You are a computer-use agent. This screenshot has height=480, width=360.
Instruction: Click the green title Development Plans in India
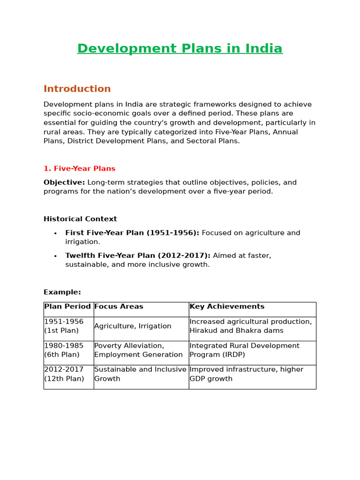pos(180,49)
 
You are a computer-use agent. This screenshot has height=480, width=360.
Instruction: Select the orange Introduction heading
pos(77,89)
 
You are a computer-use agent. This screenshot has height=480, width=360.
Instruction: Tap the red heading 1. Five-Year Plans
pos(79,169)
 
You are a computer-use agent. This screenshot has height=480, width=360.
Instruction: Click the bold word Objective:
pos(64,182)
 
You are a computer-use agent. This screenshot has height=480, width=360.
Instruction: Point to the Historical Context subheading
pos(80,219)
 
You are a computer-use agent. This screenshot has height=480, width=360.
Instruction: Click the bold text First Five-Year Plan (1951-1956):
pos(132,233)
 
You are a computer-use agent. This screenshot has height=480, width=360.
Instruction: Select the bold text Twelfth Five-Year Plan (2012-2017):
pos(138,255)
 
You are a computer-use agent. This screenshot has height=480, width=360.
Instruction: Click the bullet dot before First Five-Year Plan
pos(55,233)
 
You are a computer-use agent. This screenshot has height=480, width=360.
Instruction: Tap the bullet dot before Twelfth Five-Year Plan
pos(55,256)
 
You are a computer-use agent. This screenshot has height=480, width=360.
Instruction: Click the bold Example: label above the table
pos(62,292)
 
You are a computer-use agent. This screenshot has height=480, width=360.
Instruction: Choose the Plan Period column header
pos(67,307)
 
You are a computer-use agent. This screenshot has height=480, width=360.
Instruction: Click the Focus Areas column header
pos(119,307)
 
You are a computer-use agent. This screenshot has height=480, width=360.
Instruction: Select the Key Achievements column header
pos(227,307)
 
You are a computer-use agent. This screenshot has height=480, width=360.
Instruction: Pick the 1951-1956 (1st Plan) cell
pos(64,326)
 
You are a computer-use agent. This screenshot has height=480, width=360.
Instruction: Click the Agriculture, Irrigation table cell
pos(133,326)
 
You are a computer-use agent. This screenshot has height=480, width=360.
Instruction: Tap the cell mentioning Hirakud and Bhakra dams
pos(250,326)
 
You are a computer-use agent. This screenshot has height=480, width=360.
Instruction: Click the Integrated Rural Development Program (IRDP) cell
pos(244,350)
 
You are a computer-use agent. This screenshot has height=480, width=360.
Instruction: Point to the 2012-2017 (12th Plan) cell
pos(64,374)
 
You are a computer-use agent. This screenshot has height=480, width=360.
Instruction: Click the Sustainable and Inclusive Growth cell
pos(140,374)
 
